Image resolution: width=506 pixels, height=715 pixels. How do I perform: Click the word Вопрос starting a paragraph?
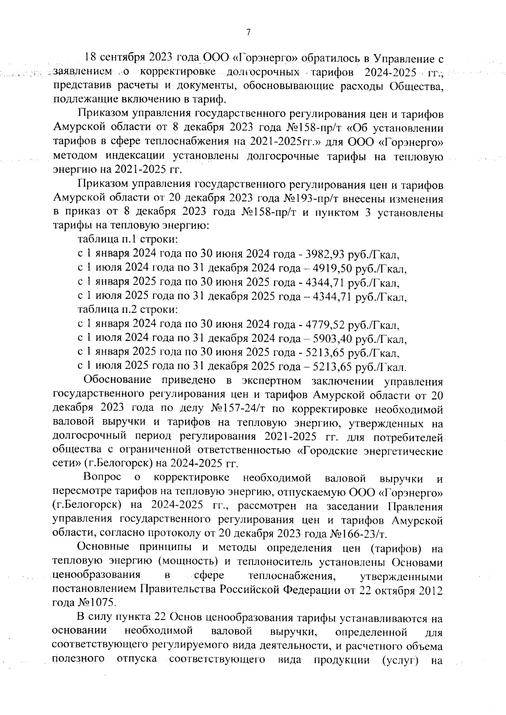pos(102,477)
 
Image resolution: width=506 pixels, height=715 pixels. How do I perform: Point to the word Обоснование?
pos(118,380)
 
